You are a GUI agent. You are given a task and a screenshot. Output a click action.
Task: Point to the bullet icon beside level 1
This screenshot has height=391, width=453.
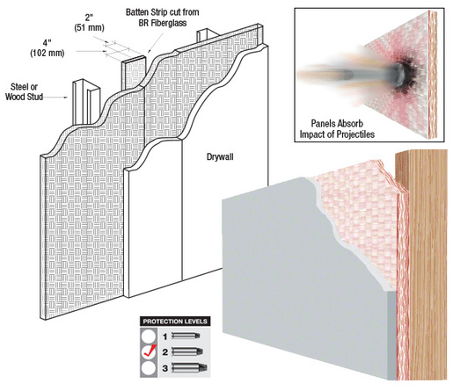(194, 336)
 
